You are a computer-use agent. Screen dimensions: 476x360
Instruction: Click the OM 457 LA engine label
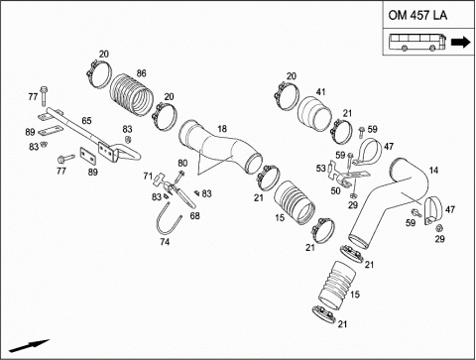417,16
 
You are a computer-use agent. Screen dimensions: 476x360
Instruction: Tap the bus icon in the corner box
416,43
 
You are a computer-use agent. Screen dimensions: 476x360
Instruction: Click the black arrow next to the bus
461,43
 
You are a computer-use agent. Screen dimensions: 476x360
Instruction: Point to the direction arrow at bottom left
29,345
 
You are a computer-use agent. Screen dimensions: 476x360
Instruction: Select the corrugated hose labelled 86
132,95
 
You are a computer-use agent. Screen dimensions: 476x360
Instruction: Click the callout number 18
223,129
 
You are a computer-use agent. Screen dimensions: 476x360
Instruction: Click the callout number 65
86,121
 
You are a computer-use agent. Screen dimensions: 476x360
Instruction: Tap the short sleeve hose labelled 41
314,114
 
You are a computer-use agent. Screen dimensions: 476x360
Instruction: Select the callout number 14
433,171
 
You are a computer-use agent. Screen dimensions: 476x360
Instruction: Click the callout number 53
320,169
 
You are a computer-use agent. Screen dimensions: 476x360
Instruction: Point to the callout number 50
335,190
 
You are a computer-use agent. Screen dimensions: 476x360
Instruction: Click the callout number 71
148,177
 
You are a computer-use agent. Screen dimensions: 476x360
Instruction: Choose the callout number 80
182,163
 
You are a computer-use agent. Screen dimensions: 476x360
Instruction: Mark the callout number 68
195,216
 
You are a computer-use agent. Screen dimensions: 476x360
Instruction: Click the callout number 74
165,242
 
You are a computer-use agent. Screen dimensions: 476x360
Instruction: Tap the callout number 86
141,73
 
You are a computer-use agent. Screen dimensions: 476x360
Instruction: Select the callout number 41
320,91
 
